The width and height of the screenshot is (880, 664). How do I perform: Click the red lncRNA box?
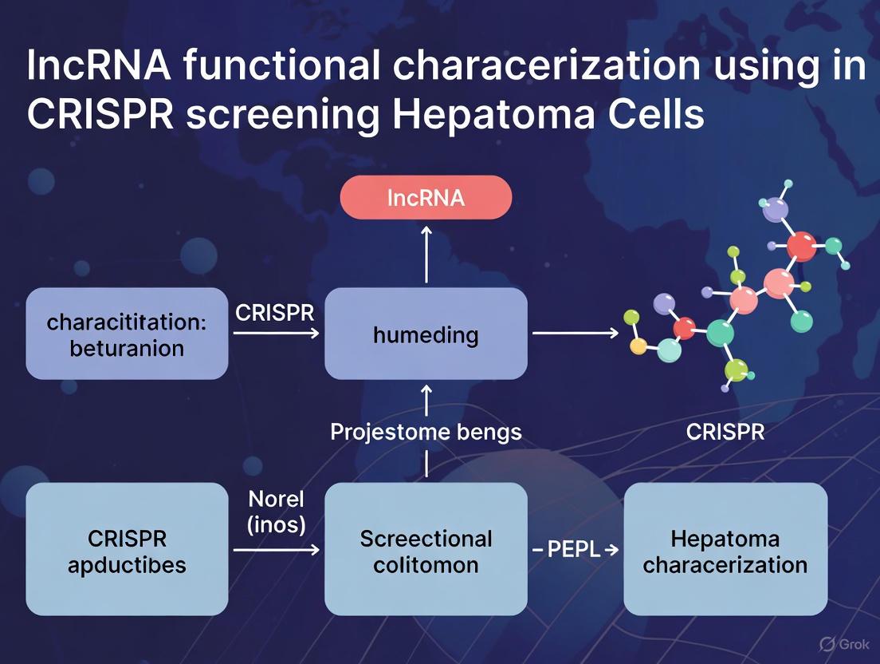click(426, 197)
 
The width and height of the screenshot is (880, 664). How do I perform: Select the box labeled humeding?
click(426, 334)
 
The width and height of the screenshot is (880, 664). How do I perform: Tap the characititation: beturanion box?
click(127, 334)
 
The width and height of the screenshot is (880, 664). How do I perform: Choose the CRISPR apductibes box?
click(127, 550)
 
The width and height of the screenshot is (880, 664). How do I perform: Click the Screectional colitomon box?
click(426, 550)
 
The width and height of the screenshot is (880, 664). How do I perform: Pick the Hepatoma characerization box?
click(725, 550)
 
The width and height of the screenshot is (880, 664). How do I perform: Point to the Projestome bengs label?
click(426, 432)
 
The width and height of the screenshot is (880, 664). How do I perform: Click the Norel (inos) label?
click(276, 512)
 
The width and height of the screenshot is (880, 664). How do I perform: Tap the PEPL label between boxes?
click(575, 550)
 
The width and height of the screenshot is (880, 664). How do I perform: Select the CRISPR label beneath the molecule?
click(725, 432)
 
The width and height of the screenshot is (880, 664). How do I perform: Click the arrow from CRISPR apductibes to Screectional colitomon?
click(276, 550)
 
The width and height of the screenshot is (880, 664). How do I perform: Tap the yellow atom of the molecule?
click(638, 346)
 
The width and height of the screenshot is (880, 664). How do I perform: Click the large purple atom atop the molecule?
click(774, 211)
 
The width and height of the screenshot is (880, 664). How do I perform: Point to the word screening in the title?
click(282, 115)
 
